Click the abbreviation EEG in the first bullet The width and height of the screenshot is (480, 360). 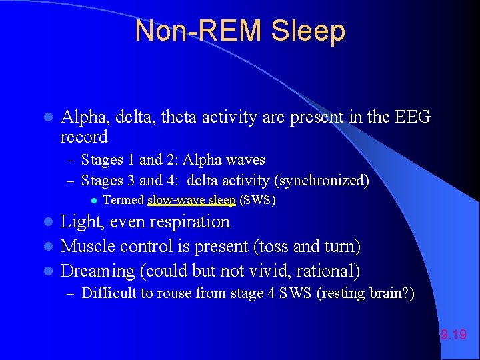[x=413, y=118]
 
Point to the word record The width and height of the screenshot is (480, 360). [x=84, y=137]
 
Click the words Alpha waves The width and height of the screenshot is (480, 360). [x=224, y=160]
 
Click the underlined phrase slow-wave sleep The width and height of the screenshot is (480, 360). [x=191, y=200]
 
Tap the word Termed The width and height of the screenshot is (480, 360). [x=124, y=200]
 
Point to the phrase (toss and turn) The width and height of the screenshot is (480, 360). [x=307, y=247]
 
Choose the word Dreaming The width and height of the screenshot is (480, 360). [x=97, y=271]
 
